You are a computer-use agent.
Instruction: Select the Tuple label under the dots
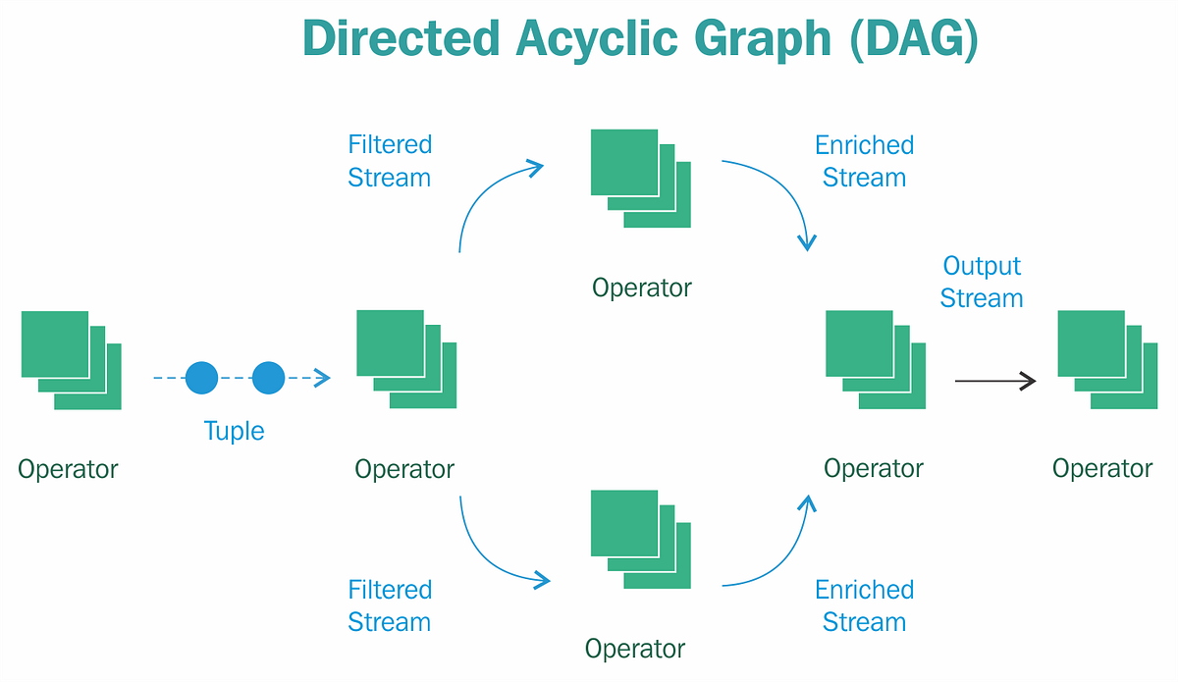point(234,431)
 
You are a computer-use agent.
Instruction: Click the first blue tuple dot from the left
point(201,378)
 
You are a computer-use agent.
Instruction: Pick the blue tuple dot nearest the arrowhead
point(268,378)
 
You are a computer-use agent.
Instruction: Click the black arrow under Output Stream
point(994,381)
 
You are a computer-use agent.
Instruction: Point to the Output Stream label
point(982,282)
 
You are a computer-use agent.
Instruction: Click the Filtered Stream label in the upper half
point(390,161)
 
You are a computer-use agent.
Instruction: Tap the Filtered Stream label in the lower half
point(390,605)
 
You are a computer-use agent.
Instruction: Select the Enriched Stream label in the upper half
point(864,161)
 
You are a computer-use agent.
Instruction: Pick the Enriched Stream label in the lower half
point(864,605)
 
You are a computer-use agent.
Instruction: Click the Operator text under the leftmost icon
point(68,469)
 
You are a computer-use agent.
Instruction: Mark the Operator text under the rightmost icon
point(1102,469)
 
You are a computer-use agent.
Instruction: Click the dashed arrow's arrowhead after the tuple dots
point(321,378)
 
